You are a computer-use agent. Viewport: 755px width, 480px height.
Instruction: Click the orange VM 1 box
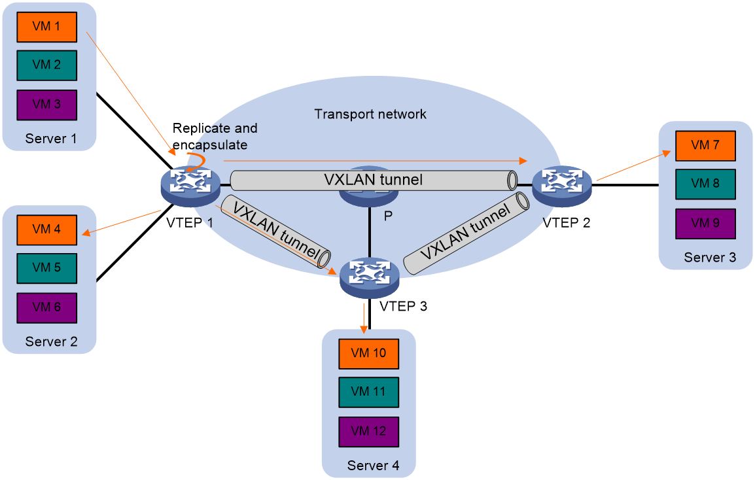(x=47, y=27)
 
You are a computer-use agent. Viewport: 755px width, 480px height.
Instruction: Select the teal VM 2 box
(x=47, y=65)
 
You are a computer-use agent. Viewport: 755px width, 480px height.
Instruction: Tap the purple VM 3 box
(x=47, y=105)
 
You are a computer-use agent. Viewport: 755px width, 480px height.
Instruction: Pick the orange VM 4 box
(x=47, y=230)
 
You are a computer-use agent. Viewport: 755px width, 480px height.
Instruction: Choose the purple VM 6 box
(x=47, y=307)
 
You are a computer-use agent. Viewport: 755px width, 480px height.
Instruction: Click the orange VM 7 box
(x=705, y=145)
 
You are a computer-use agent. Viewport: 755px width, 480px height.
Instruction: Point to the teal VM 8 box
(x=705, y=184)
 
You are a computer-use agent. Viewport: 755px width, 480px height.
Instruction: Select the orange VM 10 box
(x=369, y=353)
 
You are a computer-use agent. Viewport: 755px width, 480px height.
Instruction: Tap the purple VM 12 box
(x=369, y=432)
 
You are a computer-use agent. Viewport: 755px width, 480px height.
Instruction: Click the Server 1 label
(x=51, y=139)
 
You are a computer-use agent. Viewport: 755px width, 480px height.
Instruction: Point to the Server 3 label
(x=710, y=258)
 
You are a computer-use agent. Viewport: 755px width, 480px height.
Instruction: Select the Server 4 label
(x=373, y=466)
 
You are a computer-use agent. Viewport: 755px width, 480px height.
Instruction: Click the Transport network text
(x=370, y=114)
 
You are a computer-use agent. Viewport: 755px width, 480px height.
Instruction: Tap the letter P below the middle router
(x=388, y=216)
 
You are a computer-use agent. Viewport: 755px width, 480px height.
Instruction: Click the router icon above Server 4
(x=370, y=278)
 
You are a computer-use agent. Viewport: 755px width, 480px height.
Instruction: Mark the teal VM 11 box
(x=369, y=392)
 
